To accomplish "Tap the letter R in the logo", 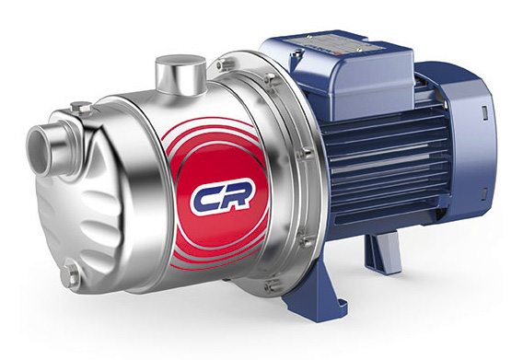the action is click(x=237, y=195).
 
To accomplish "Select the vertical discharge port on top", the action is click(x=180, y=75).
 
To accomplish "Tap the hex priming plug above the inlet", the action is click(x=81, y=108).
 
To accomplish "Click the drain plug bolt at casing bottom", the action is click(x=70, y=273).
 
